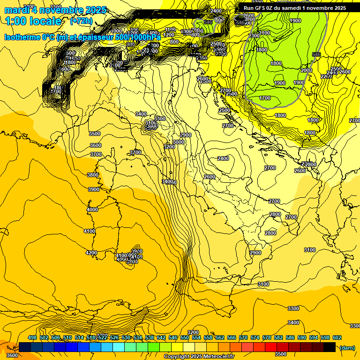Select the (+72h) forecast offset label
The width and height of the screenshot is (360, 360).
(82, 22)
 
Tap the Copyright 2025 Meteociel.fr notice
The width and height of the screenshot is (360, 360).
(199, 357)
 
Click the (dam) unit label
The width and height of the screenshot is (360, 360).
(347, 348)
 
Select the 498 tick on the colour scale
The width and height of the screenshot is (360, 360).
(32, 338)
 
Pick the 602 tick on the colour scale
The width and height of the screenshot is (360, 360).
(337, 338)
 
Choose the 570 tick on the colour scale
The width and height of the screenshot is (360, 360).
(243, 338)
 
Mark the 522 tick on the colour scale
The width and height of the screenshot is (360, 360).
(103, 338)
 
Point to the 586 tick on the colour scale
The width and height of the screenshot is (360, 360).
(290, 338)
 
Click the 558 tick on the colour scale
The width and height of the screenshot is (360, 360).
(208, 338)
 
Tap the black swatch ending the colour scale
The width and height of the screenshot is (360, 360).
(330, 347)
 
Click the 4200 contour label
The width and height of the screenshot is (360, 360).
(91, 253)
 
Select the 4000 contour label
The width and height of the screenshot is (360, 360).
(92, 210)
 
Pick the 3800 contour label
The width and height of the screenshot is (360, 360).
(93, 175)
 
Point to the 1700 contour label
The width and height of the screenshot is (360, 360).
(265, 98)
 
